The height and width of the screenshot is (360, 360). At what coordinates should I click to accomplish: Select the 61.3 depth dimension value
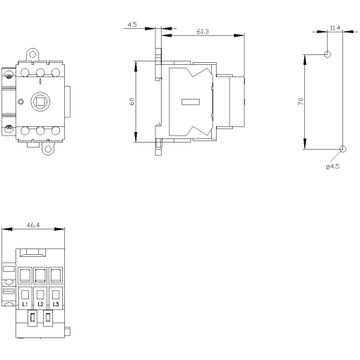tap(201, 32)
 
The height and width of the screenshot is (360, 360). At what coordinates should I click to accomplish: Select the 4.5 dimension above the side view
tap(132, 25)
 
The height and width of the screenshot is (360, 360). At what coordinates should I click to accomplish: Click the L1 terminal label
tap(25, 304)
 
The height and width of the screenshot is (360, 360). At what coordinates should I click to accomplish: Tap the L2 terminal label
tap(41, 304)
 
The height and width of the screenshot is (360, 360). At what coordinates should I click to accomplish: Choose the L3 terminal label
tap(56, 304)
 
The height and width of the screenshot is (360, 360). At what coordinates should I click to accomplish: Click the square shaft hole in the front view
tap(40, 101)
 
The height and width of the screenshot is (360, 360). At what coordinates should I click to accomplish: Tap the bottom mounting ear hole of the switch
tap(48, 148)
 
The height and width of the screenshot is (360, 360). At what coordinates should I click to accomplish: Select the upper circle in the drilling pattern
tap(328, 54)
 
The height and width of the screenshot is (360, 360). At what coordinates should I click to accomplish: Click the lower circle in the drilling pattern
tap(342, 149)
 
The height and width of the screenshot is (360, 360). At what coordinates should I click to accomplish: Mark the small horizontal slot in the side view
tap(190, 102)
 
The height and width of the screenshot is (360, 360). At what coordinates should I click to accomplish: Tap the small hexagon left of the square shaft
tap(20, 102)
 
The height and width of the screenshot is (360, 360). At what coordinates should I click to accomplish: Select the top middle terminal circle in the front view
tap(40, 73)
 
